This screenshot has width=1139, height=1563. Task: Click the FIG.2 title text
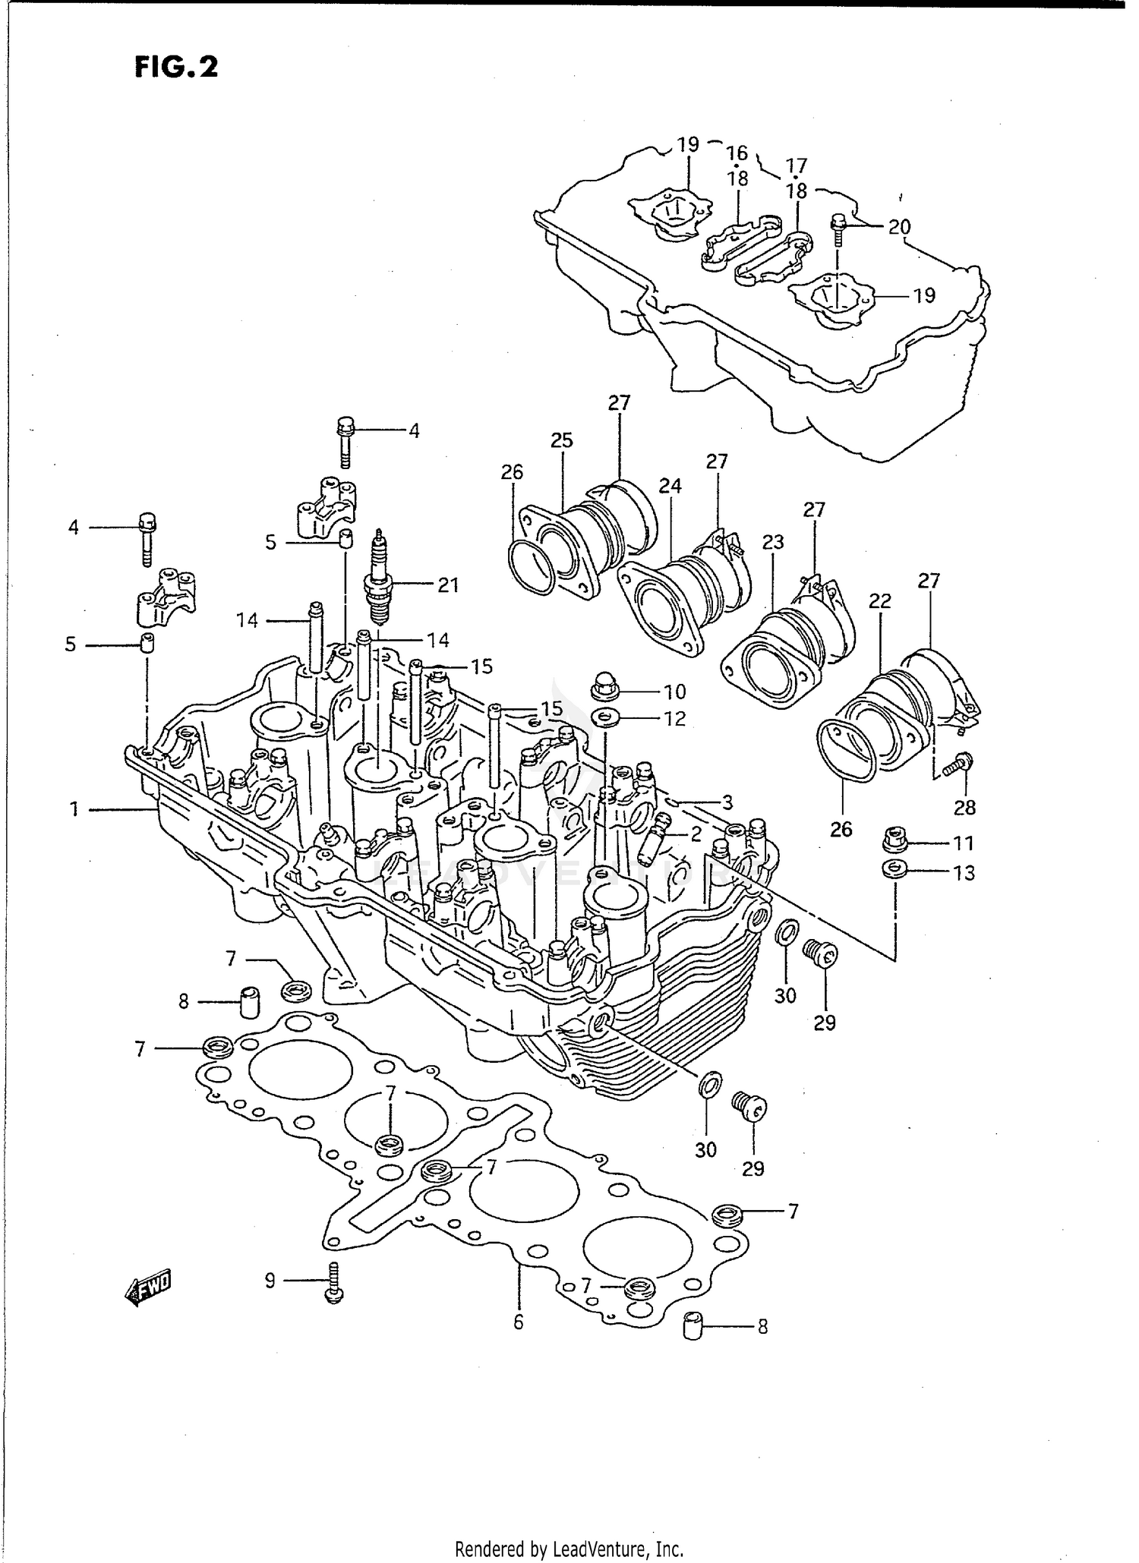[x=176, y=67]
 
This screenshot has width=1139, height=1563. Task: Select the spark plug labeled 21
[x=377, y=580]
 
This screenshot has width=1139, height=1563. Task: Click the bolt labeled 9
[x=334, y=1283]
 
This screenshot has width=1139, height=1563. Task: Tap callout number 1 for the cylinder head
[x=74, y=810]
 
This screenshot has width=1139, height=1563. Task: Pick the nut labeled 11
[x=896, y=841]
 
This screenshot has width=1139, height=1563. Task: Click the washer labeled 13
[x=894, y=869]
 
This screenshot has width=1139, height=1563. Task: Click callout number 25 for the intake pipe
[x=562, y=441]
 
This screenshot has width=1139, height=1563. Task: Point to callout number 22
[x=880, y=601]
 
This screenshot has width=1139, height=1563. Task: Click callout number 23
[x=773, y=542]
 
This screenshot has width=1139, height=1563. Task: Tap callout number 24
[x=670, y=486]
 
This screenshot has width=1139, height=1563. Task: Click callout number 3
[x=727, y=802]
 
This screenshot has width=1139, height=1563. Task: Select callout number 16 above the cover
[x=737, y=153]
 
